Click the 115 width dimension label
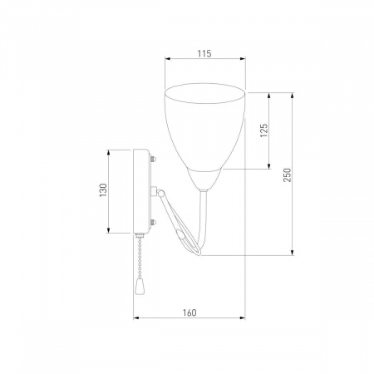click(x=204, y=53)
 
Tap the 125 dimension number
click(x=264, y=130)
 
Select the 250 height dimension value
click(x=288, y=175)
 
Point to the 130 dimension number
click(x=103, y=190)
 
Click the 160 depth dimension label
click(x=189, y=312)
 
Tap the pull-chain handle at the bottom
click(x=138, y=286)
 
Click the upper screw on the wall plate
click(x=153, y=159)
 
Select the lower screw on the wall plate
click(x=153, y=222)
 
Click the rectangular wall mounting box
click(x=141, y=191)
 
